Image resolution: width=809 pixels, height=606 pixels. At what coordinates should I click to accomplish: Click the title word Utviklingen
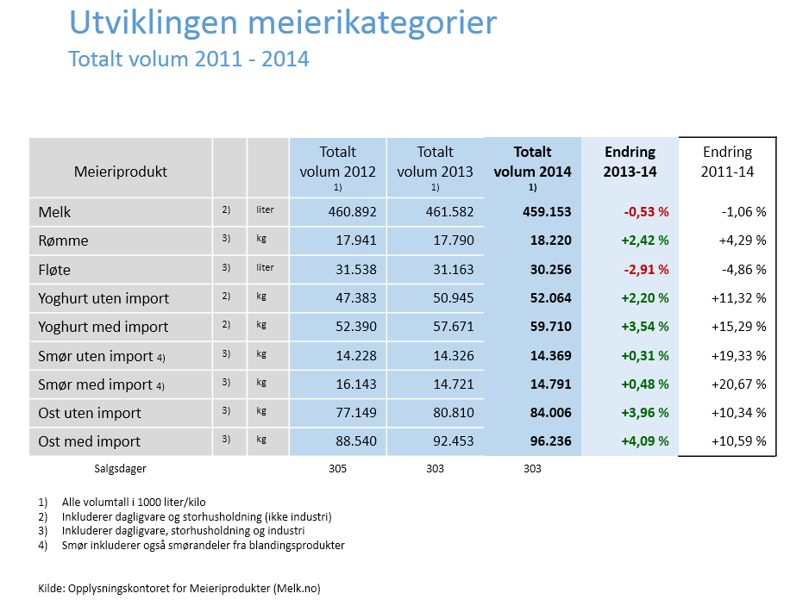154,23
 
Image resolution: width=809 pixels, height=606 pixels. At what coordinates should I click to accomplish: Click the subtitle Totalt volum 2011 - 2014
189,59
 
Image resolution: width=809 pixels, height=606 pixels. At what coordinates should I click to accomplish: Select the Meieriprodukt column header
120,172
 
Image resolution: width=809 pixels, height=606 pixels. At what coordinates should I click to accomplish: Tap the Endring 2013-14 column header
630,161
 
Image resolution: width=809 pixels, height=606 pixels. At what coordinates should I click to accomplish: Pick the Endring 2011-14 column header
727,161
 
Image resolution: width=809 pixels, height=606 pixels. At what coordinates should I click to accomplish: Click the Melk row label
54,212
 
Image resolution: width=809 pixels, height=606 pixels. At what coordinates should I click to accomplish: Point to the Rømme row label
63,241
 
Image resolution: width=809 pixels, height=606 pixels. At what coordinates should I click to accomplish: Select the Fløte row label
54,269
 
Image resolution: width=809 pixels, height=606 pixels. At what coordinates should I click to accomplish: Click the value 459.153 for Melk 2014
547,211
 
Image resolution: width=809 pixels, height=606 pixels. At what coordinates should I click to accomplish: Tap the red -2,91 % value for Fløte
646,269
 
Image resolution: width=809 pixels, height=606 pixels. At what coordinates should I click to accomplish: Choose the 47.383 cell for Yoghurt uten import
356,298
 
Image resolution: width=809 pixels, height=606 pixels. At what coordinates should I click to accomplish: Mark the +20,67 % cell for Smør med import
739,384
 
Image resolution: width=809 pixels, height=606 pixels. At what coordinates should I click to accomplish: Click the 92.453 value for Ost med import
454,441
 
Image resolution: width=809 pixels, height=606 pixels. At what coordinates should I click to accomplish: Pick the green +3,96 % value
645,413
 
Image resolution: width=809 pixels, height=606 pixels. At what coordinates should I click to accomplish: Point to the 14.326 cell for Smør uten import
454,355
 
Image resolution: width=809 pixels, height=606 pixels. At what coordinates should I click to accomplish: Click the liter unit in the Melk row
265,210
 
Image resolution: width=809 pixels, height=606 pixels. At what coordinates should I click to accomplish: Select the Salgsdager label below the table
120,469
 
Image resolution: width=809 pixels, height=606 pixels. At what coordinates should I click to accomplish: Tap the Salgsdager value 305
338,468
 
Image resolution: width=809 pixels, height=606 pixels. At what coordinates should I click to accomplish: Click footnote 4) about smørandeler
191,545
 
